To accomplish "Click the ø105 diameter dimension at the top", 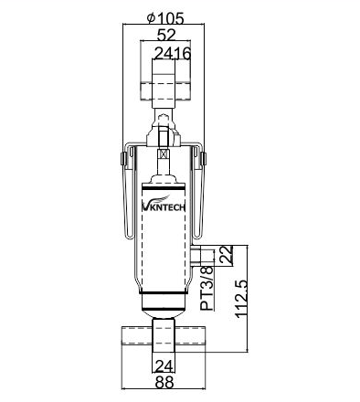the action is pyautogui.click(x=165, y=18).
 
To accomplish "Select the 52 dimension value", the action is pyautogui.click(x=166, y=36).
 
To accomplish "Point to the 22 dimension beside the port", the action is pyautogui.click(x=227, y=255).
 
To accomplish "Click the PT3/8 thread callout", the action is pyautogui.click(x=207, y=289).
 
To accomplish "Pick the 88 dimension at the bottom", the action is pyautogui.click(x=164, y=382).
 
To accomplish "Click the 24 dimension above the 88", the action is pyautogui.click(x=164, y=365).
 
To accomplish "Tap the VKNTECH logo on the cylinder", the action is pyautogui.click(x=164, y=205).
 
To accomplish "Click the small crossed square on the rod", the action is pyautogui.click(x=163, y=153).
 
